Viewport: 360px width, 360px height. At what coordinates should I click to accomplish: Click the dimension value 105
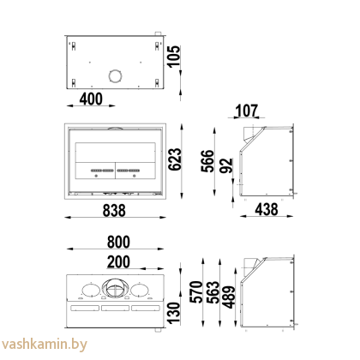pyautogui.click(x=175, y=61)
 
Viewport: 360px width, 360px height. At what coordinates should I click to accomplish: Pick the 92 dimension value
pyautogui.click(x=225, y=166)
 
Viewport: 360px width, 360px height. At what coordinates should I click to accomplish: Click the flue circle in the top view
pyautogui.click(x=112, y=76)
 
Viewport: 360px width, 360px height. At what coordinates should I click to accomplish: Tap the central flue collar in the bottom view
pyautogui.click(x=114, y=287)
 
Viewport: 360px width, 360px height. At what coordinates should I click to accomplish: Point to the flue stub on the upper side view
pyautogui.click(x=250, y=132)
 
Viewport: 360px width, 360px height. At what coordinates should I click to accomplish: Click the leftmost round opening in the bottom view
pyautogui.click(x=88, y=288)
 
